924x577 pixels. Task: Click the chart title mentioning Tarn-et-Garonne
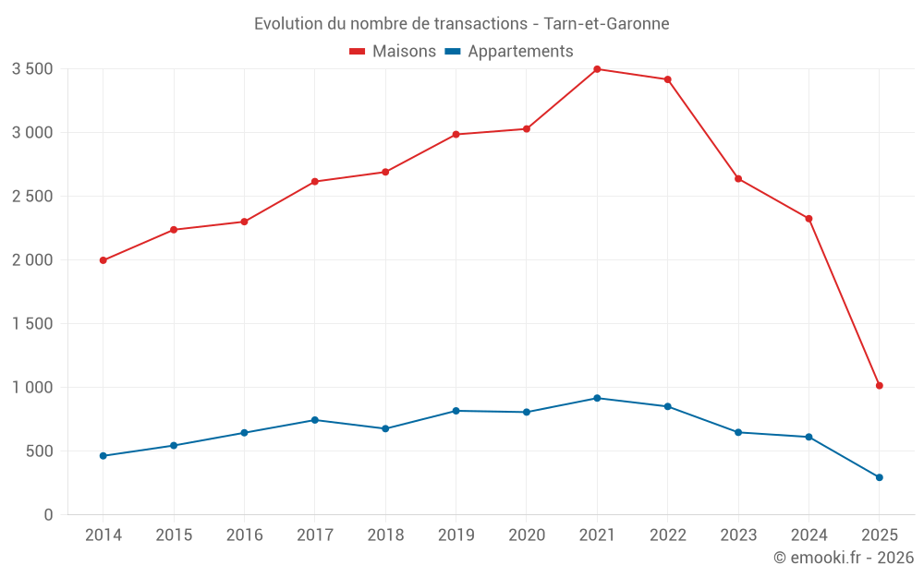(x=461, y=23)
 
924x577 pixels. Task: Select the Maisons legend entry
(x=393, y=52)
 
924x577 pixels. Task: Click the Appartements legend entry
(x=509, y=52)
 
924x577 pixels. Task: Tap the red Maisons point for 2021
(x=597, y=69)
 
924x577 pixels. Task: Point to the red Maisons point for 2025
(x=880, y=386)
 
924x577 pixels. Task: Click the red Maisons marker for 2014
(x=103, y=260)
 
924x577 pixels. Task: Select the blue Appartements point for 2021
(x=597, y=398)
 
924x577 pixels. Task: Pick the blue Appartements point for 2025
(x=880, y=477)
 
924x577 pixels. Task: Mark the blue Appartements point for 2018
(x=385, y=428)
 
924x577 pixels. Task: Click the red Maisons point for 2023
(x=738, y=178)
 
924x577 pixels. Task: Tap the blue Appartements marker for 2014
(x=103, y=456)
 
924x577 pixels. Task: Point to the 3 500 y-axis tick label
(x=32, y=69)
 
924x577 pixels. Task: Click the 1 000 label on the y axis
(x=32, y=388)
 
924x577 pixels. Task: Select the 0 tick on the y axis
(x=49, y=515)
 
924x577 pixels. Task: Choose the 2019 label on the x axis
(x=456, y=535)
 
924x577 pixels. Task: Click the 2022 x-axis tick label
(x=667, y=535)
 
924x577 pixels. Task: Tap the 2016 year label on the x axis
(x=244, y=535)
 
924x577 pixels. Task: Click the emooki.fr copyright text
(x=843, y=558)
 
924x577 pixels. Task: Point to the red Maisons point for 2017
(x=314, y=182)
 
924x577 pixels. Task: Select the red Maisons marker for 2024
(x=808, y=219)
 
